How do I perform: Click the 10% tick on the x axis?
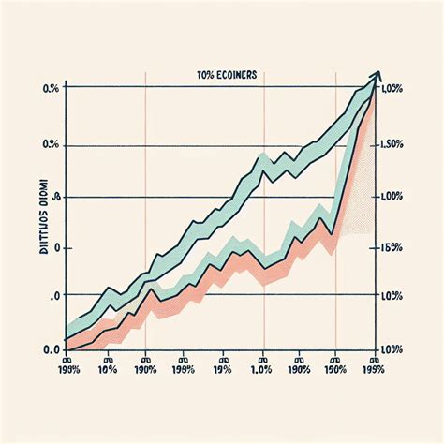[x=108, y=369]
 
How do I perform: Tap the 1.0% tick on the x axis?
[x=263, y=369]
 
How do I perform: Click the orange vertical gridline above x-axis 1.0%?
[x=264, y=215]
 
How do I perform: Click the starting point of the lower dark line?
[x=67, y=349]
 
